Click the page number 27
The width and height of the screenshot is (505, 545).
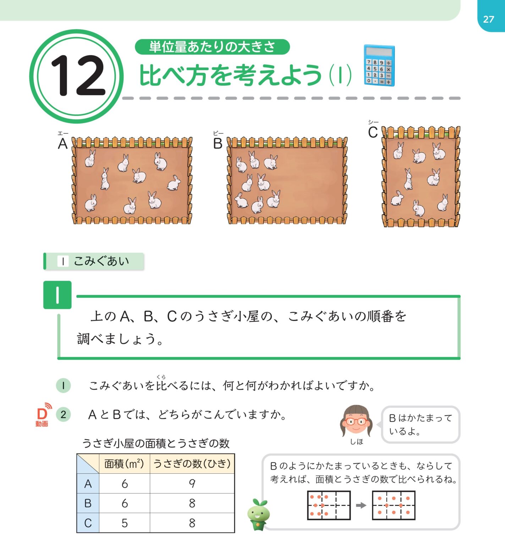pyautogui.click(x=488, y=19)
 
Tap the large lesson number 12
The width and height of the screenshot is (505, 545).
pyautogui.click(x=78, y=76)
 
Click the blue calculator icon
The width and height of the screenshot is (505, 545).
pyautogui.click(x=379, y=66)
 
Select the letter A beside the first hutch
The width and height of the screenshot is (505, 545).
pyautogui.click(x=63, y=144)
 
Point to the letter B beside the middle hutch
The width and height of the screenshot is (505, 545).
pyautogui.click(x=218, y=144)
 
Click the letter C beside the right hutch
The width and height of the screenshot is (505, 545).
pyautogui.click(x=373, y=132)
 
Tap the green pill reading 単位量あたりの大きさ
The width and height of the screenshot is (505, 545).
pyautogui.click(x=212, y=47)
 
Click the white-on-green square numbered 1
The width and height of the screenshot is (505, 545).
pyautogui.click(x=57, y=295)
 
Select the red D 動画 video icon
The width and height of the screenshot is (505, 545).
pyautogui.click(x=42, y=415)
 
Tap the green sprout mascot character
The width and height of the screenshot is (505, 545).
pyautogui.click(x=259, y=514)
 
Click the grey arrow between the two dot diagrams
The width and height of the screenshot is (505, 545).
pyautogui.click(x=361, y=505)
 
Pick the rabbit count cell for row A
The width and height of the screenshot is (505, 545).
pyautogui.click(x=192, y=483)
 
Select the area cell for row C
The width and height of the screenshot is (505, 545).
pyautogui.click(x=125, y=523)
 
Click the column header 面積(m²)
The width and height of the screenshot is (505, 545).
pyautogui.click(x=124, y=464)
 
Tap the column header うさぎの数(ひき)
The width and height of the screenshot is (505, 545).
pyautogui.click(x=192, y=464)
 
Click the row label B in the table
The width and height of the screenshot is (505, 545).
pyautogui.click(x=88, y=503)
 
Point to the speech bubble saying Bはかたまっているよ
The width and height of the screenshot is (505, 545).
pyautogui.click(x=421, y=425)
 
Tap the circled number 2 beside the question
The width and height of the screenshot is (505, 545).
pyautogui.click(x=64, y=414)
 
